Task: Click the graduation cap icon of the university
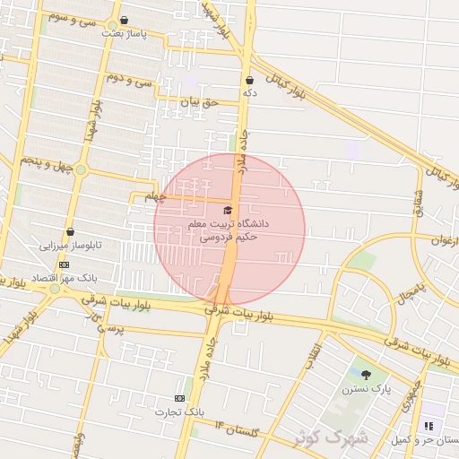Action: [227, 210]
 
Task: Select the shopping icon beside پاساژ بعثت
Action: [124, 20]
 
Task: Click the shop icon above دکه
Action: [248, 80]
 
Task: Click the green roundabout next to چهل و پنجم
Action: [81, 169]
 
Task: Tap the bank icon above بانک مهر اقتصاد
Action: [64, 264]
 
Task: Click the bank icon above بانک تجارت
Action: [180, 398]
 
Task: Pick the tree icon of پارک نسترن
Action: [366, 375]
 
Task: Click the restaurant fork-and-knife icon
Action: [428, 425]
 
